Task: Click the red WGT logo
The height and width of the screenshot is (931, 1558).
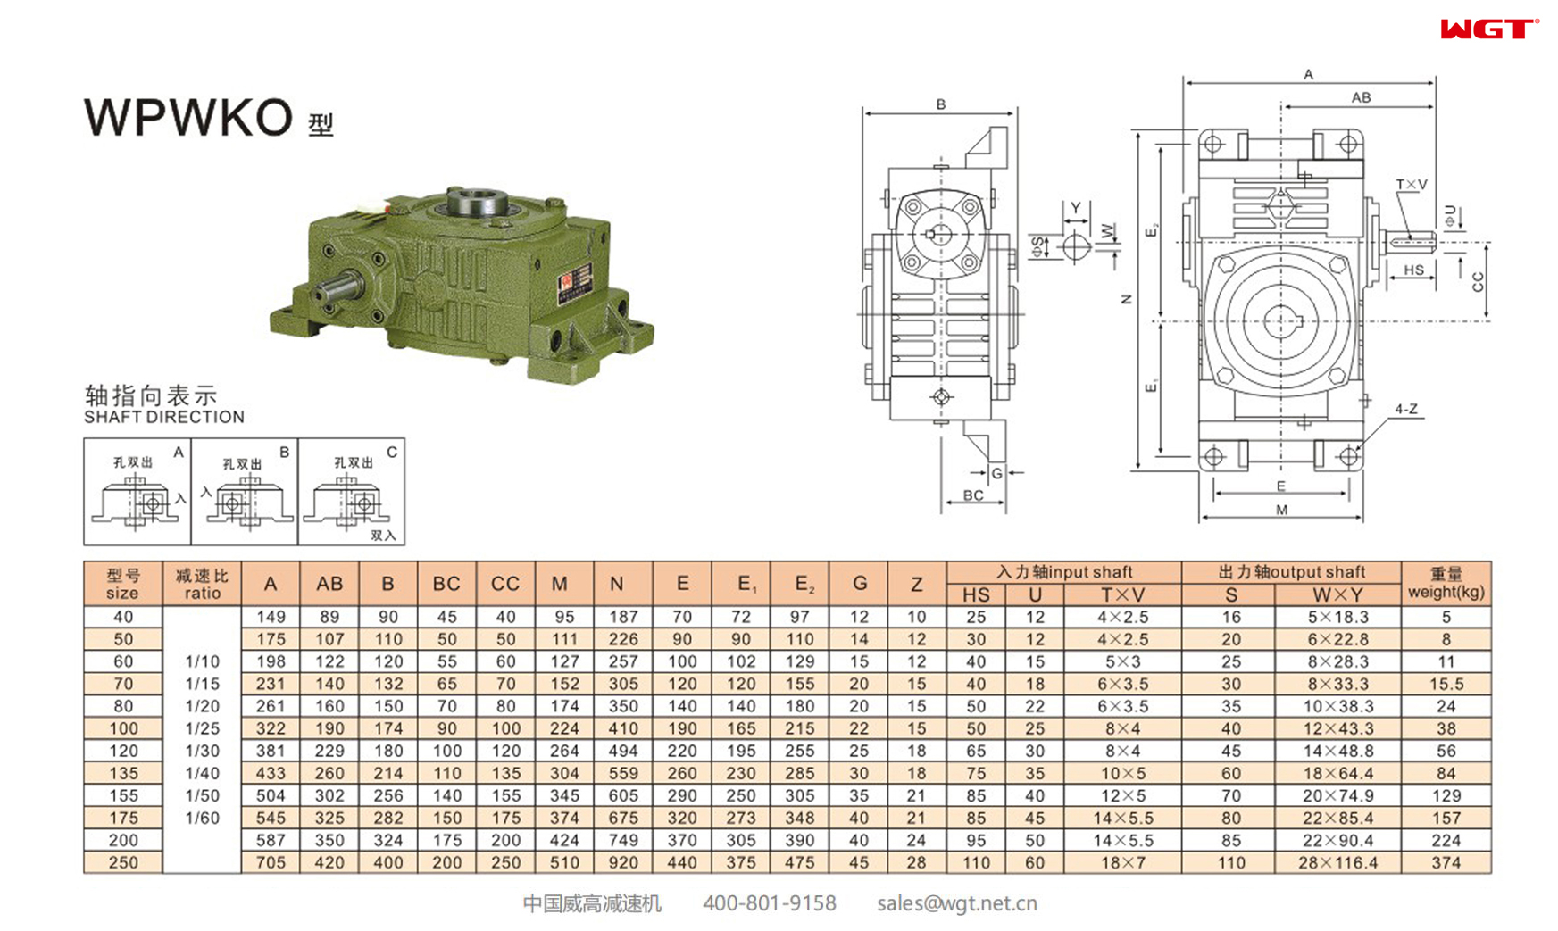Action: coord(1487,29)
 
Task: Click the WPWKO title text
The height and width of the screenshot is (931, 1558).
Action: coord(188,117)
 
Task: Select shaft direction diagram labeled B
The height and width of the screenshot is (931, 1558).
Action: coord(244,492)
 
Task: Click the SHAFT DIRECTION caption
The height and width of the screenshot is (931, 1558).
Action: coord(164,417)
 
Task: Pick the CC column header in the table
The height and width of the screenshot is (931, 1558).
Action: coord(504,584)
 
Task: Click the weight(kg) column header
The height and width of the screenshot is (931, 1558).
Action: coord(1446,584)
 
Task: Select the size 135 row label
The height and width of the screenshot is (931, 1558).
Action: coord(123,773)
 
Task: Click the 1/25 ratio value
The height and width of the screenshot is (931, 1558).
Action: coord(202,728)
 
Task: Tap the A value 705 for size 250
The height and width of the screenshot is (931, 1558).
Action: coord(271,862)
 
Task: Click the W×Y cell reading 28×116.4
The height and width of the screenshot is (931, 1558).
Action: coord(1337,862)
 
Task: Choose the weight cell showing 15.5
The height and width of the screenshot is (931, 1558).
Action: coord(1446,684)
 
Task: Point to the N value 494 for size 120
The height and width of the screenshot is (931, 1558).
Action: coord(622,751)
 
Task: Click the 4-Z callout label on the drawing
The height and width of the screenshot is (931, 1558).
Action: coord(1406,409)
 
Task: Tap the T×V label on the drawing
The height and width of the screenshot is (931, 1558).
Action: coord(1411,185)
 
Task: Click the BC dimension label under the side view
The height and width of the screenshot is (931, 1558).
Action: coord(972,495)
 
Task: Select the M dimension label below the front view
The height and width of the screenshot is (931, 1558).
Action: coord(1281,510)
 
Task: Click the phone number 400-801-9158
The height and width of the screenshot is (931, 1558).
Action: coord(769,903)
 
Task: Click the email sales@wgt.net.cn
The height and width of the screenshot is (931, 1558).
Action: coord(956,903)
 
